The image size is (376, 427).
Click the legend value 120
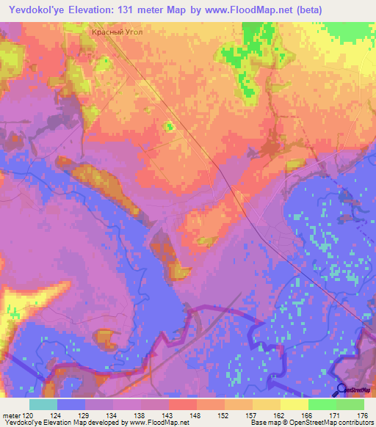pyautogui.click(x=28, y=415)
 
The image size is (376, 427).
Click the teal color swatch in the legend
pyautogui.click(x=43, y=404)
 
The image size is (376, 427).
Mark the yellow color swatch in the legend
pyautogui.click(x=294, y=404)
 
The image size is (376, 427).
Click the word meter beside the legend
pyautogui.click(x=11, y=415)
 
